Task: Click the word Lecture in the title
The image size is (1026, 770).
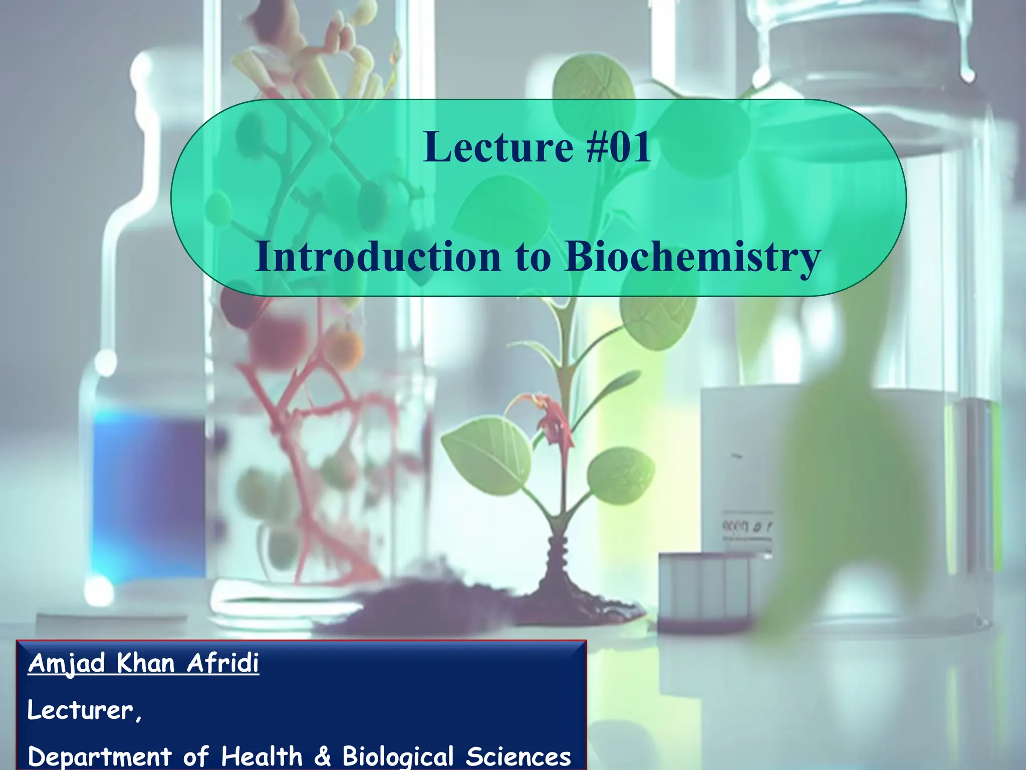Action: tap(497, 147)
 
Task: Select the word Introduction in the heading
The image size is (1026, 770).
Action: tap(378, 256)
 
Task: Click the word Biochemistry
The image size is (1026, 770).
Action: tap(692, 257)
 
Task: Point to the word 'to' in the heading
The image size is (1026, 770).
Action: tap(533, 257)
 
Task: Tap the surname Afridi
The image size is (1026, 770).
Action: tap(223, 663)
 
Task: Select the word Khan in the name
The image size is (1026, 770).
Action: tap(145, 663)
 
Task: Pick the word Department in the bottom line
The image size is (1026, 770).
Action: tap(100, 756)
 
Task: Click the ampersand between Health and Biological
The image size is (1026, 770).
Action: tap(322, 756)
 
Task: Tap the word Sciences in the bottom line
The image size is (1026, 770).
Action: tap(518, 756)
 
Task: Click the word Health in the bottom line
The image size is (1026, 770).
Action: tap(262, 756)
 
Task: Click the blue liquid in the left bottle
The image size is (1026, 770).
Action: tap(145, 496)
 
